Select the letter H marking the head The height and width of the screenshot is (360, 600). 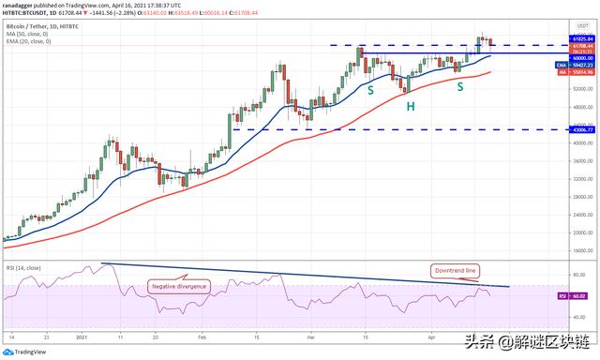click(x=410, y=108)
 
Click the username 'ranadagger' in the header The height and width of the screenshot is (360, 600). click(x=22, y=5)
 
